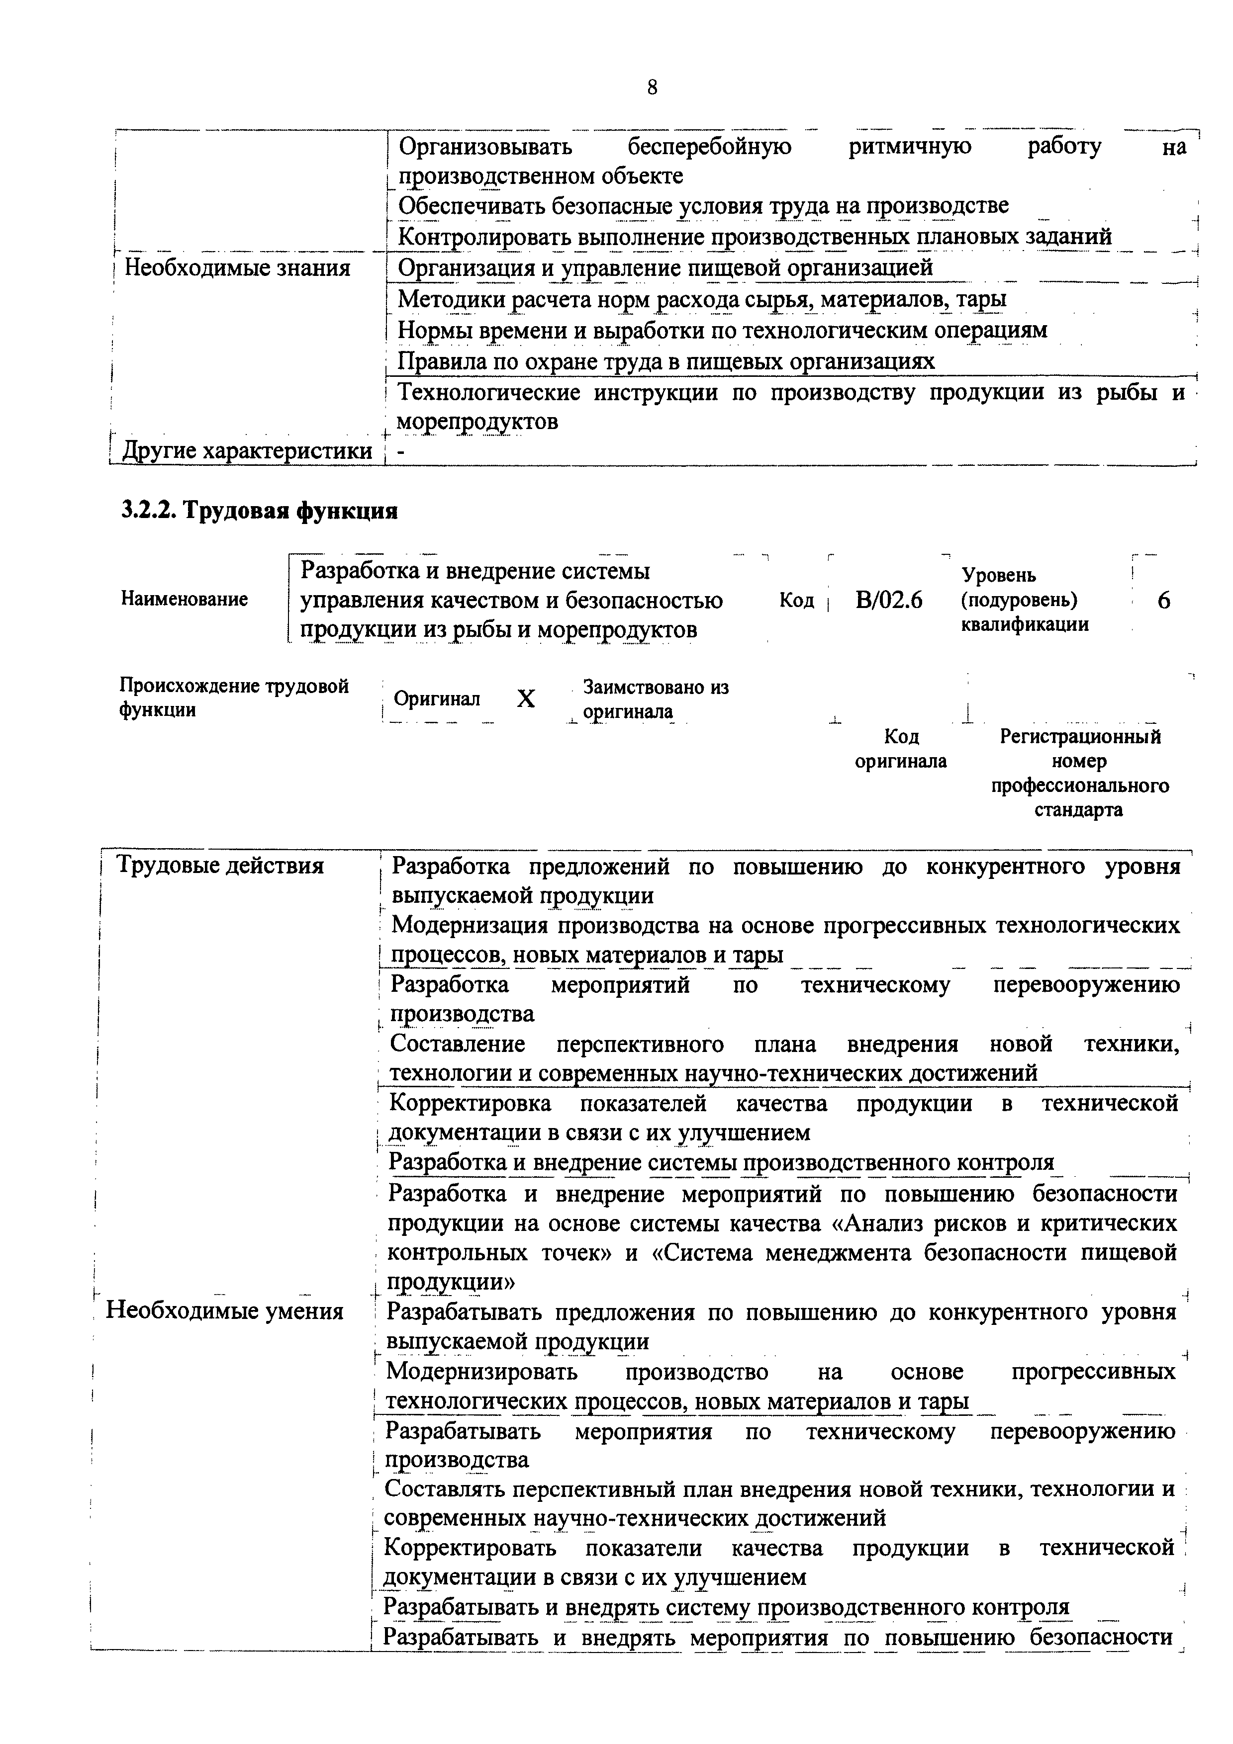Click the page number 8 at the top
[x=652, y=88]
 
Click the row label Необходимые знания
[x=237, y=267]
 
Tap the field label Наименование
[x=184, y=599]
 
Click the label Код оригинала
[x=901, y=748]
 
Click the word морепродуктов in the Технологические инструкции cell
[x=478, y=422]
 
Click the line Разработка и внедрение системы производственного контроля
[x=721, y=1163]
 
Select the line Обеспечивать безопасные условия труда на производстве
[x=703, y=206]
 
